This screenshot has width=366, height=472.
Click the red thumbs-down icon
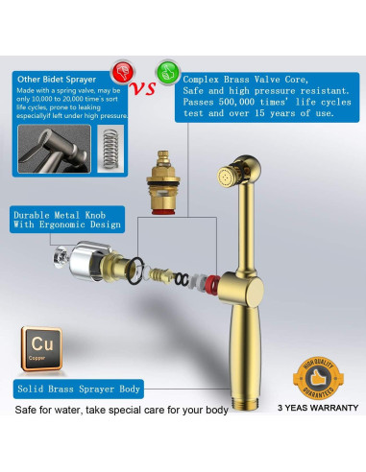pyautogui.click(x=120, y=74)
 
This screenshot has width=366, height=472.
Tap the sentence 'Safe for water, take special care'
pyautogui.click(x=120, y=411)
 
